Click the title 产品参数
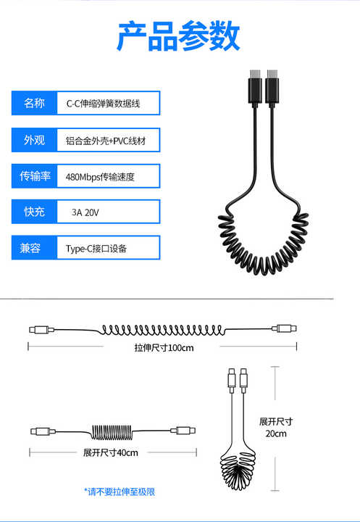click(178, 36)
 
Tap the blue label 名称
click(34, 103)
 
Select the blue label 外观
click(34, 140)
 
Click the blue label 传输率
click(34, 175)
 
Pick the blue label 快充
click(34, 212)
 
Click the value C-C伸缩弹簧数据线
click(103, 104)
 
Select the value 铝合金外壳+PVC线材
click(106, 141)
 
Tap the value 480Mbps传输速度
click(100, 176)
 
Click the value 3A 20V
click(85, 212)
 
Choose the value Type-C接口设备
click(96, 249)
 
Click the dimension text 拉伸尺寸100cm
click(164, 348)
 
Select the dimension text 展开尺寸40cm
click(110, 452)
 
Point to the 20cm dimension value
click(276, 434)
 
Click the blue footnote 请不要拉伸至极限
click(120, 492)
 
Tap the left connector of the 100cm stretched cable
click(41, 330)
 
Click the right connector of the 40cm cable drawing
click(183, 431)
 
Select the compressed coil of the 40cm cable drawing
click(112, 432)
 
